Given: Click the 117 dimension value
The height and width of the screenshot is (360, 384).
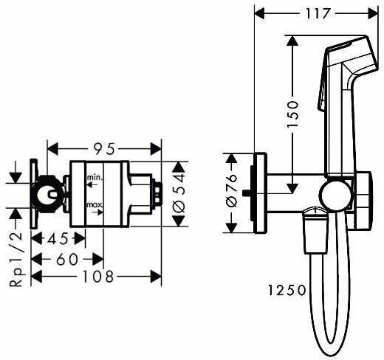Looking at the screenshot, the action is click(317, 13).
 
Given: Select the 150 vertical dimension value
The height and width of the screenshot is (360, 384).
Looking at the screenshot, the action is click(292, 114).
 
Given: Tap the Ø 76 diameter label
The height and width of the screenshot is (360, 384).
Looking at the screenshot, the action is click(232, 191).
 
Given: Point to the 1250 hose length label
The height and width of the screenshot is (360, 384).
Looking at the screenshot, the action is click(287, 290).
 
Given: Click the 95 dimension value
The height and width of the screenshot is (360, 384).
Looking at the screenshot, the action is click(104, 149).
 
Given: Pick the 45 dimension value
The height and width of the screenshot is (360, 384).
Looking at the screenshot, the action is click(58, 239).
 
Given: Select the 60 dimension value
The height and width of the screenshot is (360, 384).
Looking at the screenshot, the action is click(67, 260).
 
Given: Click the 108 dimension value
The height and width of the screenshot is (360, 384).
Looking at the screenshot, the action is click(97, 277).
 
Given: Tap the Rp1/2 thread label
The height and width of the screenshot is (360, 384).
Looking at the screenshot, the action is click(16, 260).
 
